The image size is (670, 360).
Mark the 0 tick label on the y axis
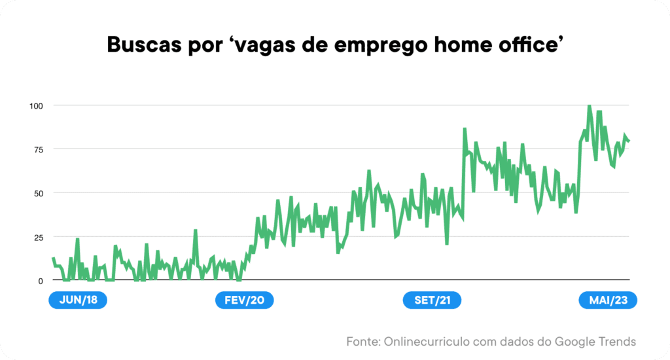[x=40, y=281]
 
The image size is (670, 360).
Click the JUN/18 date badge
[x=78, y=300]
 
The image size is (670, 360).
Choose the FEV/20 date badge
[x=245, y=300]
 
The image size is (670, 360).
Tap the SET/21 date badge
[x=432, y=300]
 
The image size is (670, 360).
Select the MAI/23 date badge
[x=608, y=300]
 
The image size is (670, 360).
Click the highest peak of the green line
[x=590, y=105]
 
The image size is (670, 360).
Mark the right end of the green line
[x=629, y=141]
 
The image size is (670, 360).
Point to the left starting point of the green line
[x=53, y=258]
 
